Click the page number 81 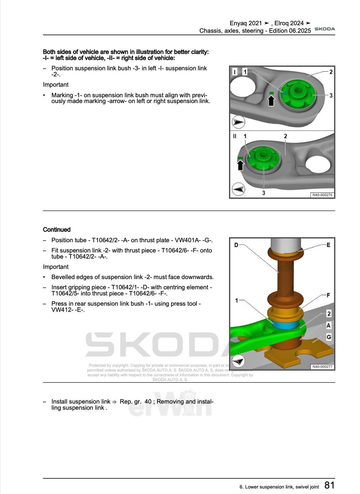329,485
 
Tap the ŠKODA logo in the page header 325,29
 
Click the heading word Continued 57,230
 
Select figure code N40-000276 322,195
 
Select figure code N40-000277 322,367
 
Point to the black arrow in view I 271,101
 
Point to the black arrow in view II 241,165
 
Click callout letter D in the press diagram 236,245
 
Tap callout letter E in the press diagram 328,245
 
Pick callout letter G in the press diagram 329,337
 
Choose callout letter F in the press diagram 328,295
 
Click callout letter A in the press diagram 329,325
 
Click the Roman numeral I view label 235,72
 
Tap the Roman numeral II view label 235,136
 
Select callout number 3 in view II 264,193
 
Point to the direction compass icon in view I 238,122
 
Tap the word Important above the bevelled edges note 56,267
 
